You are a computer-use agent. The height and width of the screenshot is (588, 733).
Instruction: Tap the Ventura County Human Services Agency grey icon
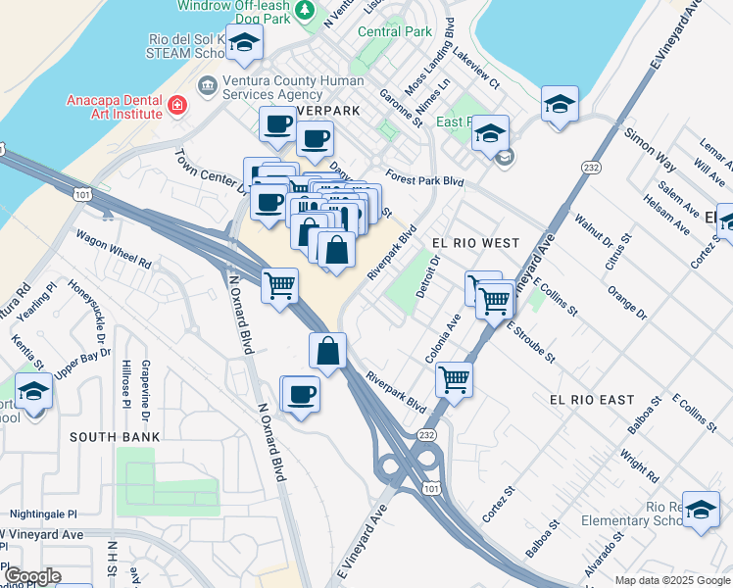click(x=208, y=86)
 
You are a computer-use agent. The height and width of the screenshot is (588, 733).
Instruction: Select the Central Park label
click(x=395, y=31)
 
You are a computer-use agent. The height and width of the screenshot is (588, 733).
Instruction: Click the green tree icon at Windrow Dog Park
click(x=306, y=10)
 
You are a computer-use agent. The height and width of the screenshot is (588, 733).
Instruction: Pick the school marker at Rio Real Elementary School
click(x=701, y=510)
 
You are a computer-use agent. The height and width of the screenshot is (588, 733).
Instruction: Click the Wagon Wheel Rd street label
click(x=114, y=252)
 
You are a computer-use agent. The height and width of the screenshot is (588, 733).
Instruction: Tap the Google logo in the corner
click(x=31, y=575)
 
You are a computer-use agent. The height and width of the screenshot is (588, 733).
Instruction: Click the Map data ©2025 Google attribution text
click(x=671, y=580)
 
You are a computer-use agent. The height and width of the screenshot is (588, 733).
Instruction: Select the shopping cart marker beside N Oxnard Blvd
click(x=280, y=286)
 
